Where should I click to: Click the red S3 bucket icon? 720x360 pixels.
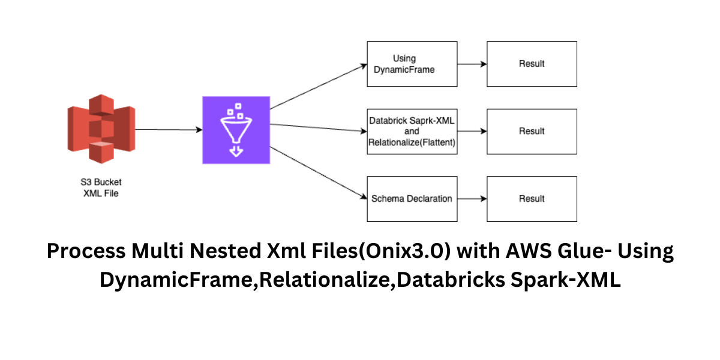[x=101, y=128]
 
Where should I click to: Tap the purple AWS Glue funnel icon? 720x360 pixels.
[x=236, y=129]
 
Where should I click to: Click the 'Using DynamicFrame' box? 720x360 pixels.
[x=412, y=64]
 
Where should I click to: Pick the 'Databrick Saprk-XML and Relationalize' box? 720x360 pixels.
[x=412, y=131]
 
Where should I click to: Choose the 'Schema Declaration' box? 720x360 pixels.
[x=412, y=199]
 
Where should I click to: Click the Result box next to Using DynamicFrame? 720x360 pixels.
[x=531, y=64]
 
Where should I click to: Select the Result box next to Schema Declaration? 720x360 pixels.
[x=531, y=199]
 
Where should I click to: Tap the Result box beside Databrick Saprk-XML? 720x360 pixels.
[x=531, y=131]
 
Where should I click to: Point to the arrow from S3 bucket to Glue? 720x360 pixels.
[x=168, y=129]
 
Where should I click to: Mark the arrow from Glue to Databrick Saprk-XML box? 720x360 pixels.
[x=318, y=127]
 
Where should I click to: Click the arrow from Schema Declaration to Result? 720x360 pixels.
[x=472, y=199]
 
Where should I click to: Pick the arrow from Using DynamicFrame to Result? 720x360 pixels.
[x=472, y=64]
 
